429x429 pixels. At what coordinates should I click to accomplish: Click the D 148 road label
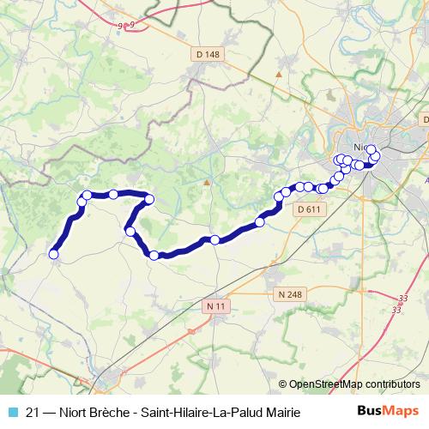[x=208, y=55]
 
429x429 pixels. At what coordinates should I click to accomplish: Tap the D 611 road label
[x=306, y=208]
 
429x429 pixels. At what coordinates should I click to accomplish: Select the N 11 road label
[x=215, y=305]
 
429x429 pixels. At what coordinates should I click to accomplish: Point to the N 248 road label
[x=291, y=294]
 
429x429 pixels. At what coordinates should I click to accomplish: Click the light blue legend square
[x=10, y=413]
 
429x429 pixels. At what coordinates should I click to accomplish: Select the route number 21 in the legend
[x=33, y=413]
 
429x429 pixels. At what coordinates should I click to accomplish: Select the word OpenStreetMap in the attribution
[x=324, y=384]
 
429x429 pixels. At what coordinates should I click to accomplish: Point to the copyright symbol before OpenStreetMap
[x=282, y=384]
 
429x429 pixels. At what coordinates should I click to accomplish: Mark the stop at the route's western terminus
[x=53, y=254]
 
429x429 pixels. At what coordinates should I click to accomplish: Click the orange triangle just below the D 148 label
[x=278, y=74]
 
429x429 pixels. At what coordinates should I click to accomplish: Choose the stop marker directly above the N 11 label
[x=214, y=239]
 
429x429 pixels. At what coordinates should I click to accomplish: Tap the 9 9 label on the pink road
[x=128, y=26]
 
